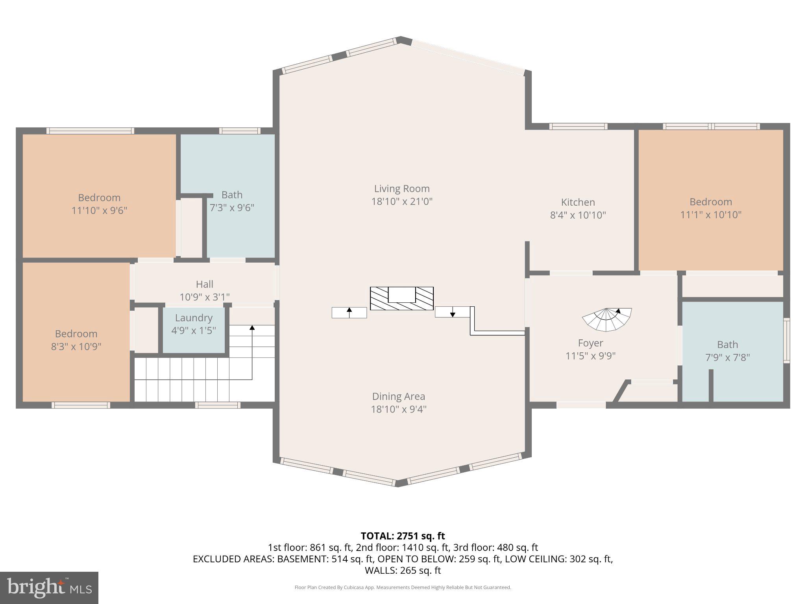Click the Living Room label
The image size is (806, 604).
pos(401,189)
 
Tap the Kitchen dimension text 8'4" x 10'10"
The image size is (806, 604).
pos(578,215)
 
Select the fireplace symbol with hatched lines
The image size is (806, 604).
pos(401,298)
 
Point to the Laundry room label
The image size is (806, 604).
pos(194,318)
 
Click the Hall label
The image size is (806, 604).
pos(205,284)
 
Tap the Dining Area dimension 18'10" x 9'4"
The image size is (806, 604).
pos(399,409)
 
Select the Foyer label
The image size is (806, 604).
pos(590,343)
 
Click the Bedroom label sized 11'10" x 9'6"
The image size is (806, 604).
pos(99,198)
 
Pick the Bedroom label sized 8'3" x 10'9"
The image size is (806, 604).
pos(76,334)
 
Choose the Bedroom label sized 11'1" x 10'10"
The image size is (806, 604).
pos(711,202)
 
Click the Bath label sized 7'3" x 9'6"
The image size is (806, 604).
pos(232,195)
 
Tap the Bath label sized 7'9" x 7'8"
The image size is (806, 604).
pos(727,345)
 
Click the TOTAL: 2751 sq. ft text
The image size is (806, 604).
pos(403,536)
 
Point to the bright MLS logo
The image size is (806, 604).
pos(49,587)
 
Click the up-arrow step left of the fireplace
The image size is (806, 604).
pos(349,313)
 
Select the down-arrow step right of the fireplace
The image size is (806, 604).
pos(453,312)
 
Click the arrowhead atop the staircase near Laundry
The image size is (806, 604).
pos(252,327)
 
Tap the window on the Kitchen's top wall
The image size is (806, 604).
pos(578,126)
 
